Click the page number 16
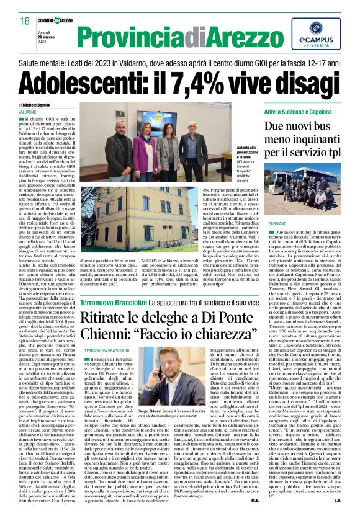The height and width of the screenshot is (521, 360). [x=25, y=20]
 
